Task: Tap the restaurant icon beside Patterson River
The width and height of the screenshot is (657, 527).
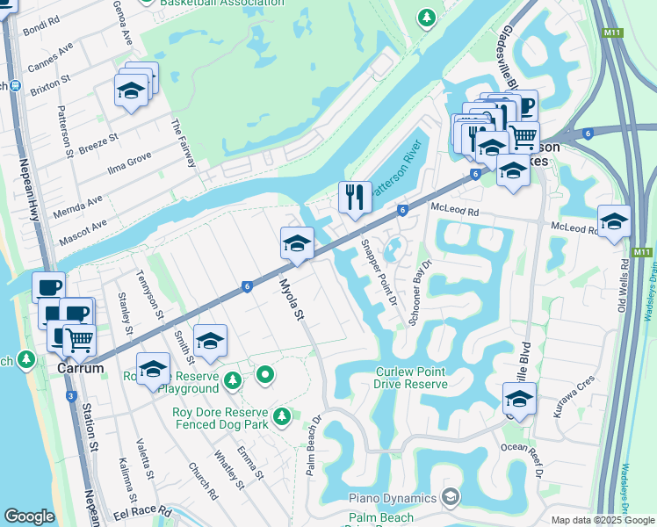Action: [355, 197]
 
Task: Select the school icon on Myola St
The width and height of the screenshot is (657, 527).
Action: [297, 243]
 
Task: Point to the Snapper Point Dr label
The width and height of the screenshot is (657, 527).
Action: [379, 273]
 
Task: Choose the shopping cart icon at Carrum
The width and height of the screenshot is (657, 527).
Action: [79, 338]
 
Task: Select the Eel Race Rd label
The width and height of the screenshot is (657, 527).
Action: [143, 514]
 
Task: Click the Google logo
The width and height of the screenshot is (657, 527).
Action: [29, 516]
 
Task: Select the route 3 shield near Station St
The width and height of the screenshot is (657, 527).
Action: [69, 396]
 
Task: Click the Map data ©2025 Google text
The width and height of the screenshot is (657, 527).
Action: [602, 520]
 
